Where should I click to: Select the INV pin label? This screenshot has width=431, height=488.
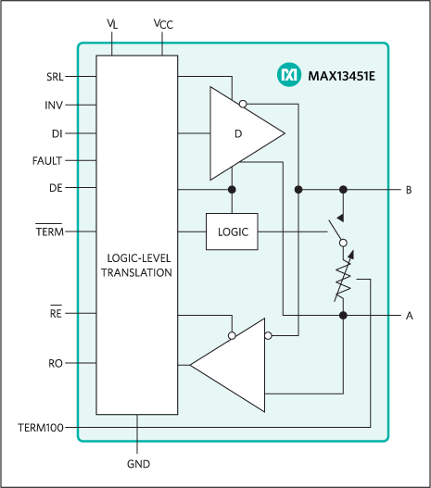[54, 105]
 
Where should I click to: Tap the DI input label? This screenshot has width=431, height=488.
[57, 132]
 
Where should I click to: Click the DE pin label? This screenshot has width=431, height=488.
[56, 188]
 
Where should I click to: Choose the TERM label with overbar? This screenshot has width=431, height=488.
[49, 231]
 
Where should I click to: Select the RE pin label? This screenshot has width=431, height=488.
[56, 314]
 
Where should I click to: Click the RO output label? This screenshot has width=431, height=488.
[56, 364]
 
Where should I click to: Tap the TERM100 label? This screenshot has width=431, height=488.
[41, 428]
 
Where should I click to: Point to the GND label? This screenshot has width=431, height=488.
[137, 464]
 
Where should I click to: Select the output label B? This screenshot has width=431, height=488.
[409, 190]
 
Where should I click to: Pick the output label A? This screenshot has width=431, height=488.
[409, 316]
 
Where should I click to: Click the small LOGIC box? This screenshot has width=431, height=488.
[233, 231]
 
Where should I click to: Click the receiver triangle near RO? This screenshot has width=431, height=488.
[232, 364]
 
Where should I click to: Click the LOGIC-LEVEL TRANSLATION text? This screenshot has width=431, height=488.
[136, 266]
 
